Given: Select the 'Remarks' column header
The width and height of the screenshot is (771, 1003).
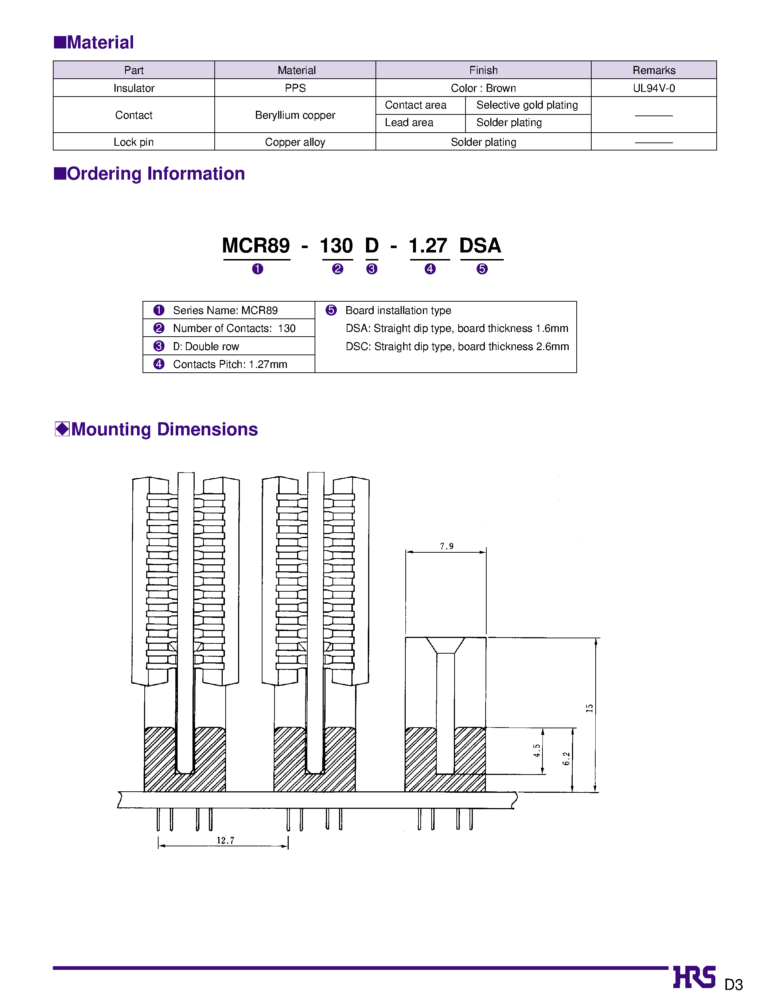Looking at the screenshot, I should [654, 70].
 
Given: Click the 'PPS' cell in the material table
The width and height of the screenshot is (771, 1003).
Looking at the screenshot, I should [295, 88].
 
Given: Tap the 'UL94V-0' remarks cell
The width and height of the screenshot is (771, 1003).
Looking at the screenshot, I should [654, 88].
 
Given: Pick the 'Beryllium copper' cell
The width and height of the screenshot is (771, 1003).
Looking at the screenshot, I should [295, 115].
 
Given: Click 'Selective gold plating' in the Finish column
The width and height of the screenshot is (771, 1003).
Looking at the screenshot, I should [527, 105].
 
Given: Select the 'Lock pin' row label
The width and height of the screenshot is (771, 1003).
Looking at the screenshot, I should [133, 142].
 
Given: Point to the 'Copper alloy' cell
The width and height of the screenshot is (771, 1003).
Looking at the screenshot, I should [295, 142].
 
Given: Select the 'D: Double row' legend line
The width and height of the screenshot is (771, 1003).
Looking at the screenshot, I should [206, 346].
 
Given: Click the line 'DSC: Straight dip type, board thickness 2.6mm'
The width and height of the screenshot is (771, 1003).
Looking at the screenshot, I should [457, 346].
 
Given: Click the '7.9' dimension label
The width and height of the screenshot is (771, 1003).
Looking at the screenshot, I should [446, 546].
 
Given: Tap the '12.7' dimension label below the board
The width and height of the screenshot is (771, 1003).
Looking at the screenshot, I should [225, 840].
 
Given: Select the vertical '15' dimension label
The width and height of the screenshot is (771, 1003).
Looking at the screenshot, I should [589, 708].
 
